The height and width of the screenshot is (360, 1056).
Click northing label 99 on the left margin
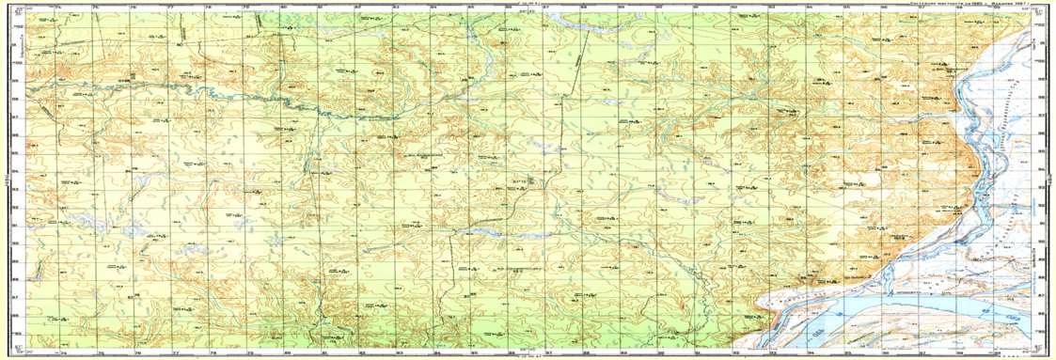click(14, 80)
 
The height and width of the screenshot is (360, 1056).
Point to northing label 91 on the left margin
click(14, 225)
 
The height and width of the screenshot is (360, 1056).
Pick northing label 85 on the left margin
click(14, 332)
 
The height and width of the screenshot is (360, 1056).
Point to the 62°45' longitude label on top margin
click(515, 10)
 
